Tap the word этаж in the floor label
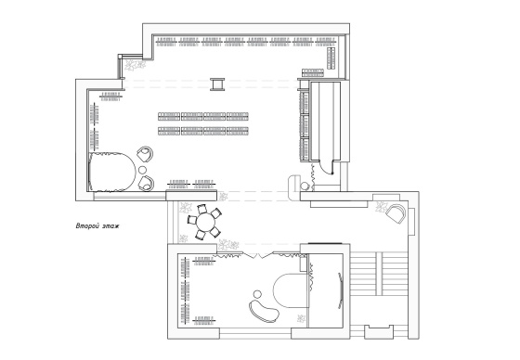110,226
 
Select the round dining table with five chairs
204,222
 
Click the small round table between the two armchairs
142,170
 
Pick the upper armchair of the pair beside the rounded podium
145,154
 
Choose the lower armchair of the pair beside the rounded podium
146,184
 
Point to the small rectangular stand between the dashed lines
217,84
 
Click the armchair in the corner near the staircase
396,213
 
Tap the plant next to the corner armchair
382,207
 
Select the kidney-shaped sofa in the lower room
264,311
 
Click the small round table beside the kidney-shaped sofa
257,294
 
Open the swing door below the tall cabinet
326,168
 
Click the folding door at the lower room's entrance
258,254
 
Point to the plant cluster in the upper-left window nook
135,65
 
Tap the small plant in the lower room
301,318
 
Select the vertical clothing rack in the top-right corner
331,58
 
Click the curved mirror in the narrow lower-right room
340,290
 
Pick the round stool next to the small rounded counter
305,186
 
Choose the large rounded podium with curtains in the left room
112,172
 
